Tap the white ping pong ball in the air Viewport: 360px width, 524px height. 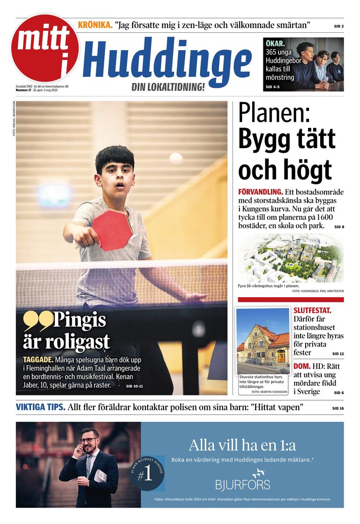(x=176, y=159)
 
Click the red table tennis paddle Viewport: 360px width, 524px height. (x=112, y=230)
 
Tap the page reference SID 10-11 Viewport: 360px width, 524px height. (x=134, y=386)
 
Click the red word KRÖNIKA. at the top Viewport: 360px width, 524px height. (x=95, y=25)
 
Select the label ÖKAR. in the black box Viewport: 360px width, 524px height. (x=275, y=44)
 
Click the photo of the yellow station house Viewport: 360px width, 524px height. (x=263, y=340)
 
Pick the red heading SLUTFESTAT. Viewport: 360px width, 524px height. (x=312, y=310)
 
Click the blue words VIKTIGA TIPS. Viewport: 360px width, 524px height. (x=41, y=407)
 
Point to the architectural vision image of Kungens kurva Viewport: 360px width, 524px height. (x=291, y=259)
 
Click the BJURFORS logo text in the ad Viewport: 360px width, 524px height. (x=242, y=484)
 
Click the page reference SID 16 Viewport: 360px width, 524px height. (x=337, y=408)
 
